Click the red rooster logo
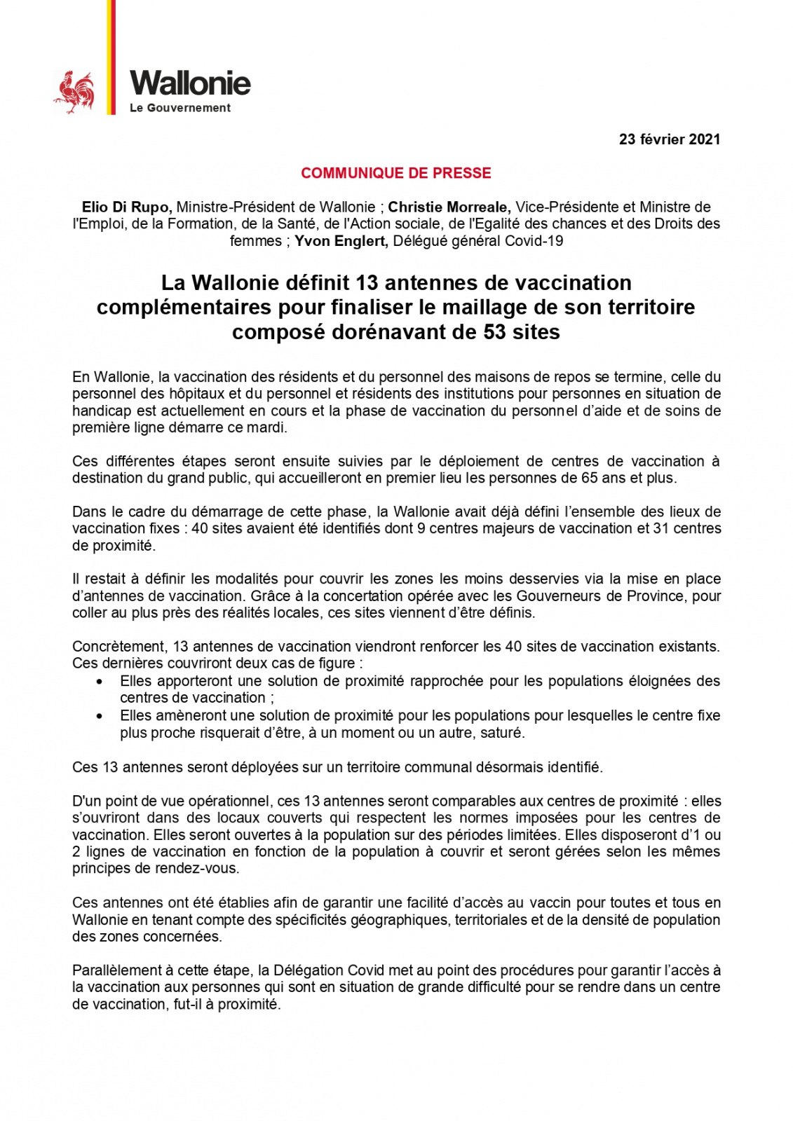click(x=74, y=92)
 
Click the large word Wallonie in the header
click(x=190, y=83)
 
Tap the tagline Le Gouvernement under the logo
click(x=180, y=108)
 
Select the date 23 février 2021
click(x=669, y=139)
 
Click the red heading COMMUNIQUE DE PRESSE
click(x=396, y=173)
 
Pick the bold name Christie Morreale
click(x=449, y=207)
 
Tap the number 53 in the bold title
click(x=498, y=331)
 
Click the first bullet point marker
click(x=102, y=682)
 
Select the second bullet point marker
click(x=102, y=716)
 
